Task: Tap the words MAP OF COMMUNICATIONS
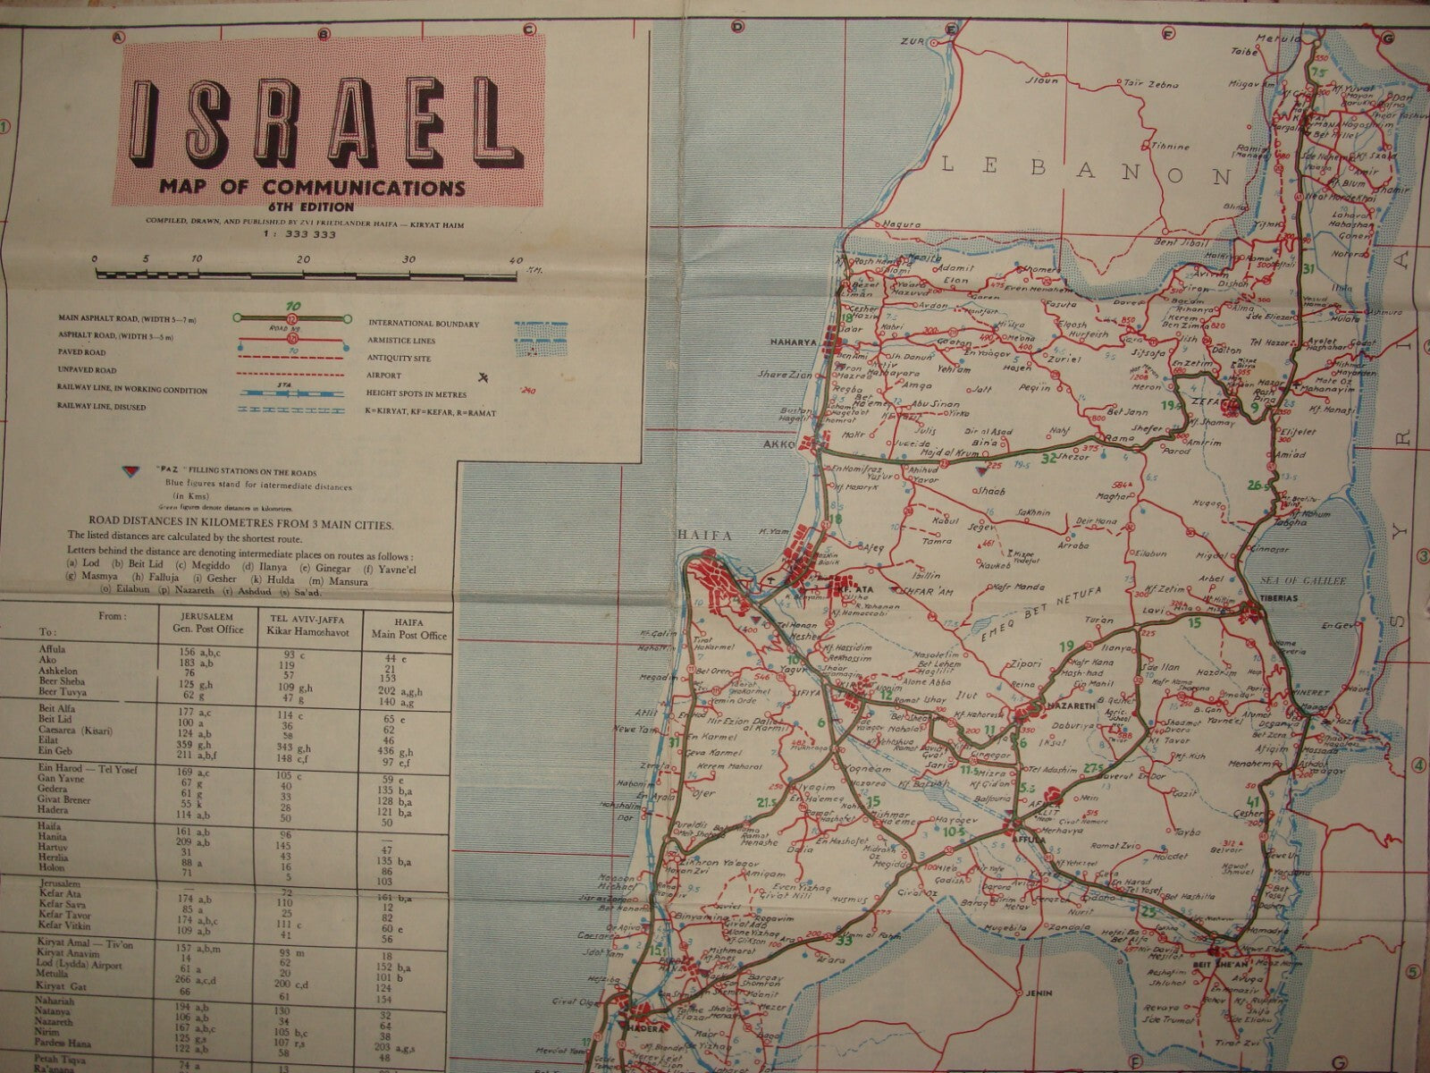[x=312, y=189]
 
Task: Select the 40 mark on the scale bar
[x=516, y=260]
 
